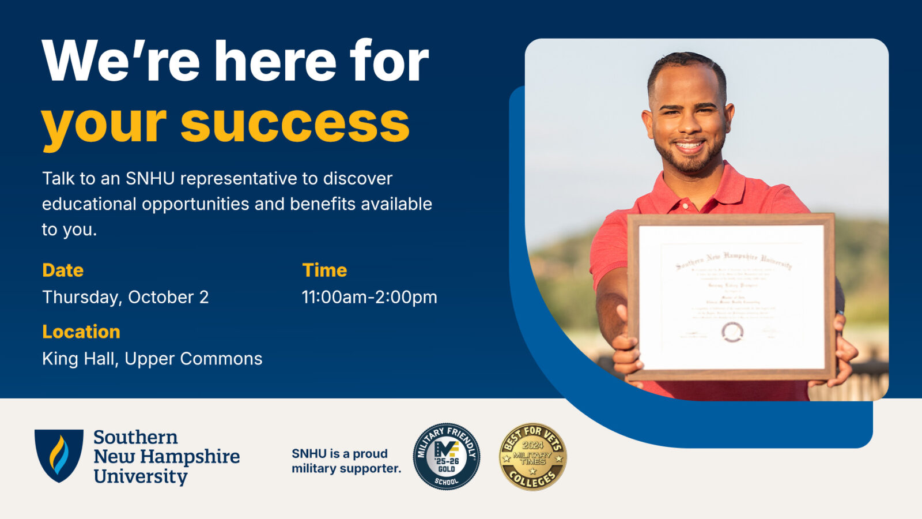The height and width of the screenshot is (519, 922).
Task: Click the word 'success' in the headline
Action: pyautogui.click(x=294, y=124)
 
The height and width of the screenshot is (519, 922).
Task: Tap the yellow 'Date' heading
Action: pyautogui.click(x=63, y=270)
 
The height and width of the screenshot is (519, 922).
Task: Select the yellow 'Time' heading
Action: pyautogui.click(x=324, y=270)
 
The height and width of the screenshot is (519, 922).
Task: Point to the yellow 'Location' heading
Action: pyautogui.click(x=81, y=332)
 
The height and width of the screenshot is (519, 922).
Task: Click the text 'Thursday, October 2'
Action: pyautogui.click(x=125, y=297)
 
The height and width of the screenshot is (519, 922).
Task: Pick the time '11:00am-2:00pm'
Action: pyautogui.click(x=369, y=297)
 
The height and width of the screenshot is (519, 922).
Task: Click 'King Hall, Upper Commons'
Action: pyautogui.click(x=152, y=359)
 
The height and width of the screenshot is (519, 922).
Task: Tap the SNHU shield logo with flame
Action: pyautogui.click(x=59, y=455)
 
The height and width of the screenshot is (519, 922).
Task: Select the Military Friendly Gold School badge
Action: pyautogui.click(x=447, y=456)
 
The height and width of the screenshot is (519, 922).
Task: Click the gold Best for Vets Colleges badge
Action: pyautogui.click(x=532, y=456)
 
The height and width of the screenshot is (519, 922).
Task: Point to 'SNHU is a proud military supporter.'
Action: pyautogui.click(x=346, y=461)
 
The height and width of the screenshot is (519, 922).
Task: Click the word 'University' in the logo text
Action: pyautogui.click(x=141, y=476)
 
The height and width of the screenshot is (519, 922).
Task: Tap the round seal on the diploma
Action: pyautogui.click(x=732, y=332)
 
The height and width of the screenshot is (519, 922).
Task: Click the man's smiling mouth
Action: pyautogui.click(x=689, y=146)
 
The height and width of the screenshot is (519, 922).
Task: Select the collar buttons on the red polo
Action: pyautogui.click(x=685, y=205)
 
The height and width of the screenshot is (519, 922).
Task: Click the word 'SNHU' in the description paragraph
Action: pyautogui.click(x=150, y=179)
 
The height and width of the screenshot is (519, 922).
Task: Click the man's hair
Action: pyautogui.click(x=686, y=62)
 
